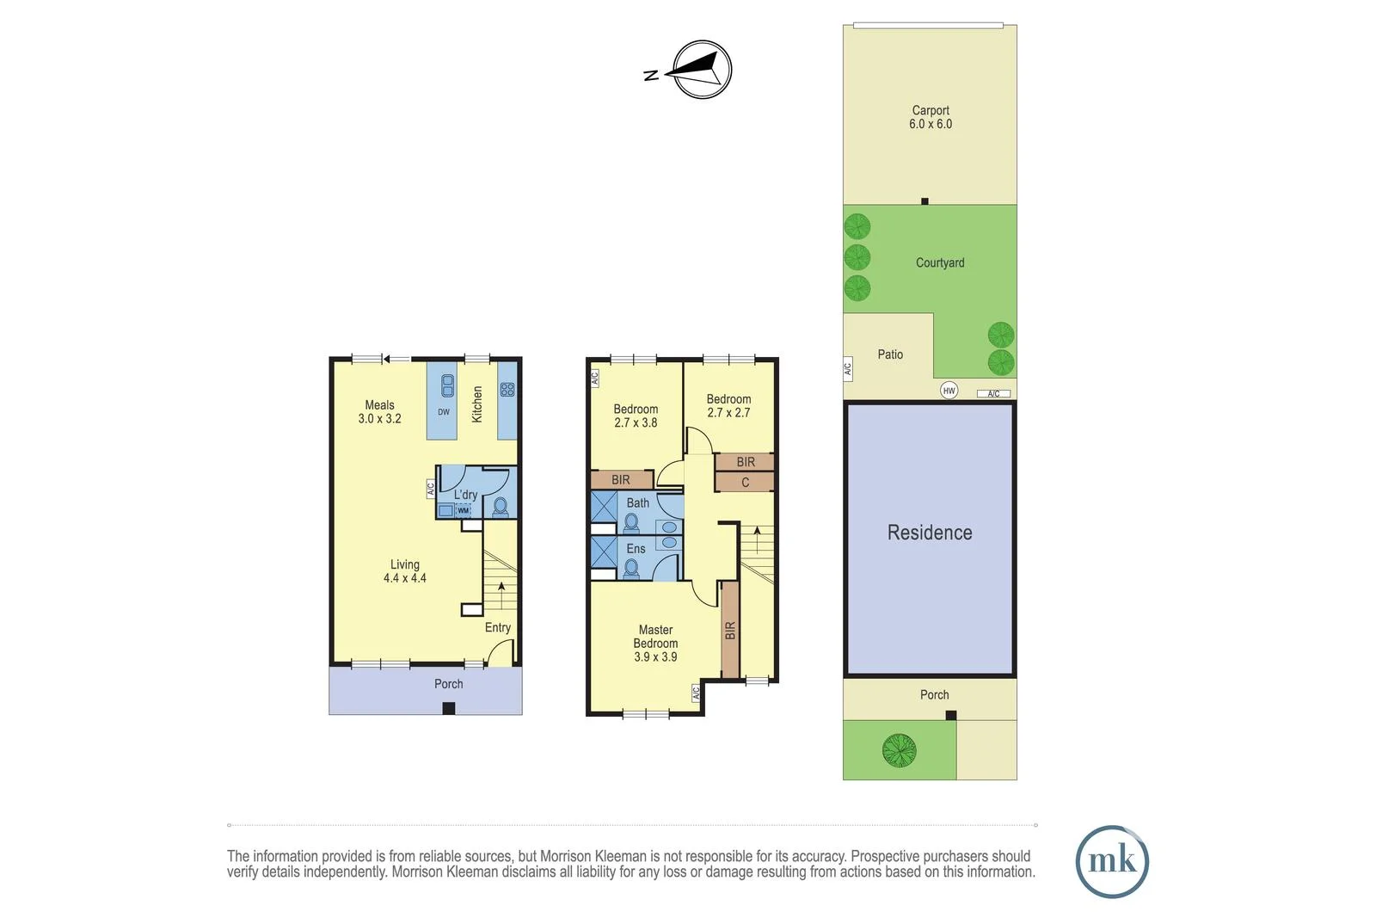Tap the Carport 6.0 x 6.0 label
tap(931, 117)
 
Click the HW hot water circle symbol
tap(949, 391)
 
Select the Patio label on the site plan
tap(890, 354)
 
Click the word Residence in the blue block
tap(930, 533)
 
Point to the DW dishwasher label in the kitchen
tap(444, 412)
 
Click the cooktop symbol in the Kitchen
tap(507, 390)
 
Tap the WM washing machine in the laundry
tap(464, 510)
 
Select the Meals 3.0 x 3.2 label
tap(379, 411)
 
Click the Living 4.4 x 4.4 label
tap(404, 571)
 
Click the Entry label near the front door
tap(497, 627)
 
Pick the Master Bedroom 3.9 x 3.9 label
tap(655, 643)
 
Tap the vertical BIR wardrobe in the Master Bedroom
tap(730, 630)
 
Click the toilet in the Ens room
tap(632, 568)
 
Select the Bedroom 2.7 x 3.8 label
tap(636, 416)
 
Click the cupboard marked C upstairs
tap(745, 483)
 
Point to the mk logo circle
tap(1112, 861)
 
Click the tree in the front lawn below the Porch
tap(899, 750)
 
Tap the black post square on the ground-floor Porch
tap(448, 708)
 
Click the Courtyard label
tap(940, 262)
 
